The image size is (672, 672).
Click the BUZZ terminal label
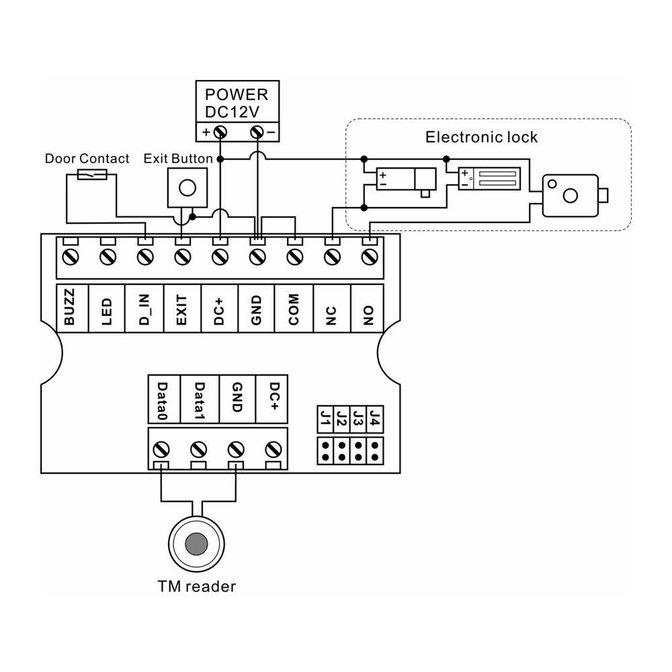[69, 307]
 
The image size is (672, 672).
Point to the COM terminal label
[294, 307]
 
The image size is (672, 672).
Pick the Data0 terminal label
[162, 399]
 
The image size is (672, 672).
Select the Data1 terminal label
[199, 399]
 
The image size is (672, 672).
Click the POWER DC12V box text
[237, 103]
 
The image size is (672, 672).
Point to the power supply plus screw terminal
[219, 132]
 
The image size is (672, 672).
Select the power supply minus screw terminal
[256, 132]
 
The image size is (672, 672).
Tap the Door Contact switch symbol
[91, 175]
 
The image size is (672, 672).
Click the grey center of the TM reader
[197, 543]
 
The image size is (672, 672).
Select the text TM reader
[197, 586]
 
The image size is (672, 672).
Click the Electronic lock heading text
[482, 138]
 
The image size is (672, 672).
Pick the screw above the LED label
[107, 256]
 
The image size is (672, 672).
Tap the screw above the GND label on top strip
[256, 256]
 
